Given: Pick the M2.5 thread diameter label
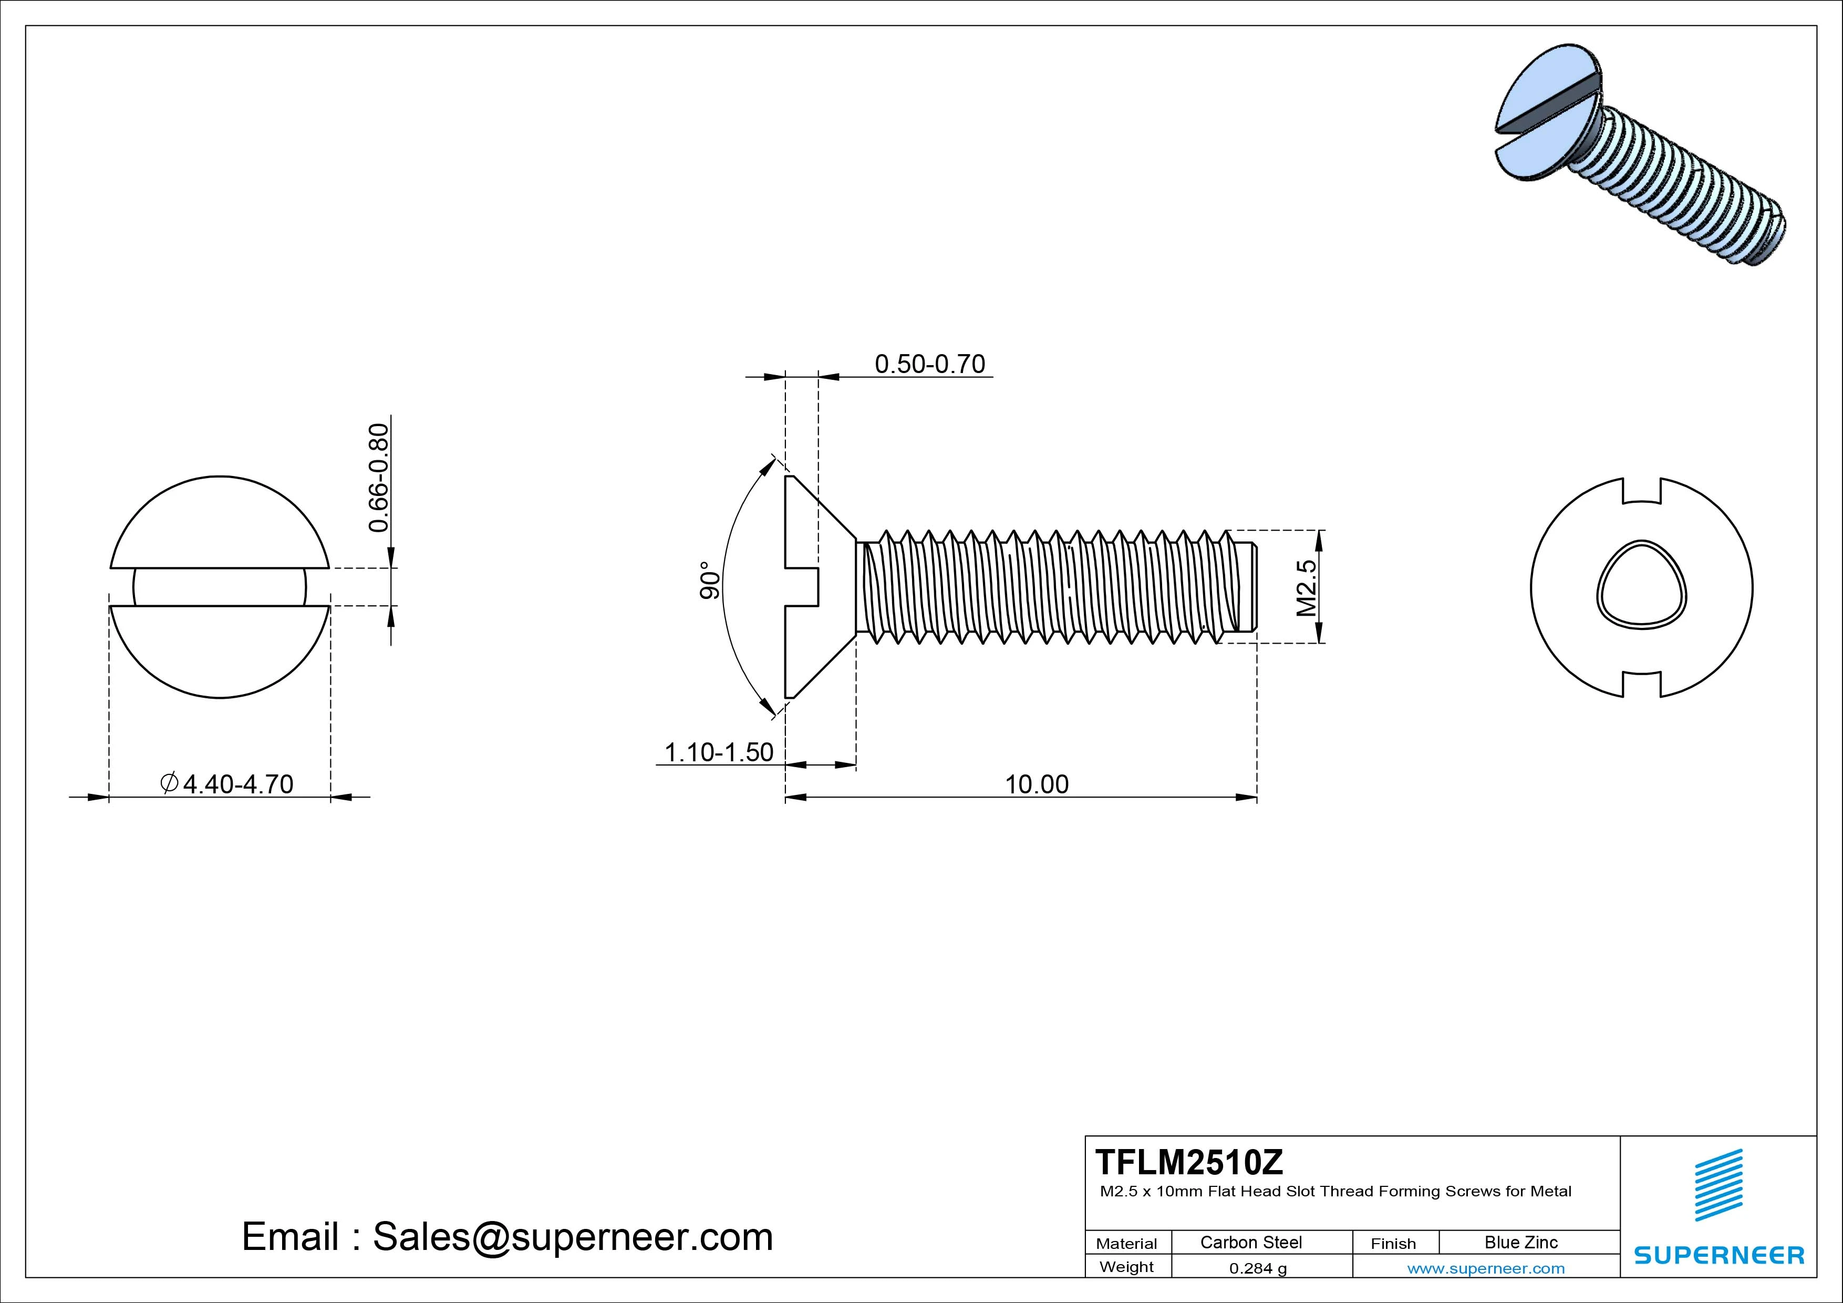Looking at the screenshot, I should [x=1307, y=588].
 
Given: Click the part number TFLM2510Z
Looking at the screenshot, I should [x=1189, y=1162].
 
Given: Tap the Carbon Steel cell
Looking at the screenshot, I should [x=1250, y=1242].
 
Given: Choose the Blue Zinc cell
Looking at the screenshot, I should [x=1520, y=1242].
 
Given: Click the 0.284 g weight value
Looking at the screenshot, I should [x=1258, y=1268].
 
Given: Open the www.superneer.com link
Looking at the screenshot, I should [x=1486, y=1268].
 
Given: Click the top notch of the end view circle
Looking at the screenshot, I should [x=1641, y=491].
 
